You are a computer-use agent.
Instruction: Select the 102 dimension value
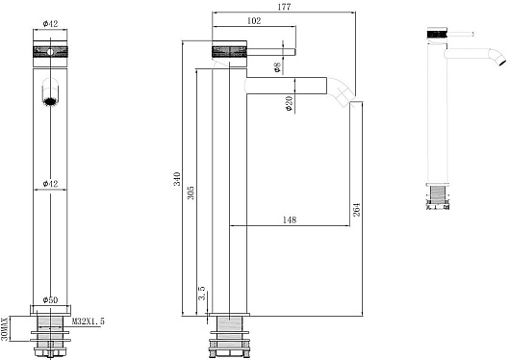click(254, 21)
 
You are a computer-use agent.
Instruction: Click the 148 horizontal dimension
click(289, 220)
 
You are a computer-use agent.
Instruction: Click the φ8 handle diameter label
click(277, 66)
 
